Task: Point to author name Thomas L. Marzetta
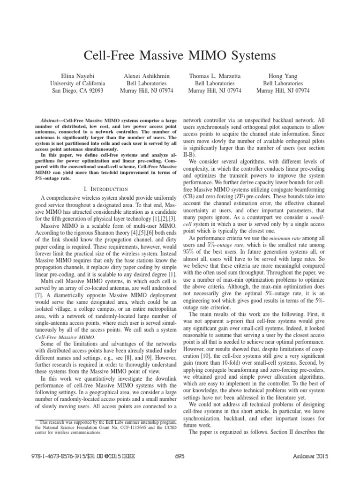tap(215, 75)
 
